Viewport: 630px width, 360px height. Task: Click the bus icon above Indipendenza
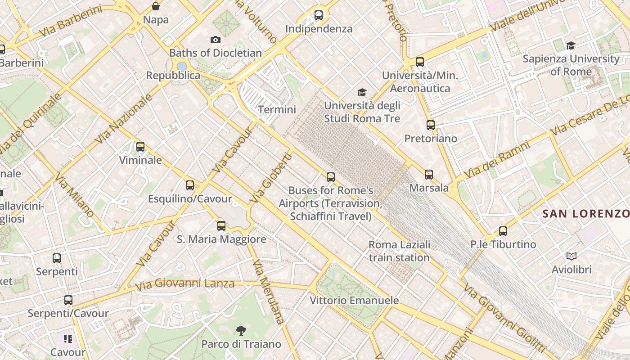click(x=319, y=15)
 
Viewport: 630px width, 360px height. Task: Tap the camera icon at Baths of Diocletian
click(x=216, y=40)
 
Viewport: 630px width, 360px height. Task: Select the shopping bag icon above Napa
click(x=156, y=6)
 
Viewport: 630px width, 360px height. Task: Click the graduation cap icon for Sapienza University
click(x=571, y=45)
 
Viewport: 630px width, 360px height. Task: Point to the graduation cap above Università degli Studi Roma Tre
click(x=362, y=93)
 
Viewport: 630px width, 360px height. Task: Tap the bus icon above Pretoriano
click(x=431, y=125)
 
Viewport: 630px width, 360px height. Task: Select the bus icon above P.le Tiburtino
click(x=503, y=231)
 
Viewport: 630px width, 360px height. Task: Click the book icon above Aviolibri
click(x=571, y=256)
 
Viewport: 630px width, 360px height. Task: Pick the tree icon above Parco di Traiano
click(x=241, y=331)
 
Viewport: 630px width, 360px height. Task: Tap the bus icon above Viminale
click(x=140, y=147)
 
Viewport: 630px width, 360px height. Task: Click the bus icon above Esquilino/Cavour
click(x=190, y=185)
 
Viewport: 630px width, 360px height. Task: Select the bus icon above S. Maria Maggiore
click(x=221, y=226)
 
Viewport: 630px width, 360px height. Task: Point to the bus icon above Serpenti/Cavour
click(x=68, y=300)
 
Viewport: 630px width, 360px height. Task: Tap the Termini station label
click(x=277, y=109)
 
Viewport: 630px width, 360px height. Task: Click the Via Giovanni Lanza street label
click(x=185, y=284)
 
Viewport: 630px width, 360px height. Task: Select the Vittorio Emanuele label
click(x=354, y=300)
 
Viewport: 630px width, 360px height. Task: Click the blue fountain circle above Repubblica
click(x=182, y=66)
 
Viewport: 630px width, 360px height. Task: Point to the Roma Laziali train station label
click(x=399, y=251)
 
